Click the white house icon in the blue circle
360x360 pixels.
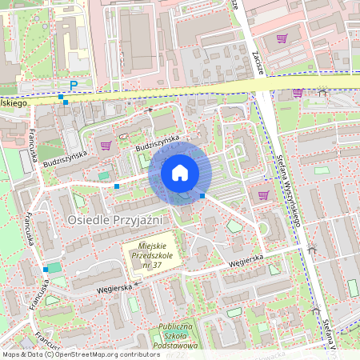pyautogui.click(x=179, y=172)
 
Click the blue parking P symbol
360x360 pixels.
pyautogui.click(x=74, y=85)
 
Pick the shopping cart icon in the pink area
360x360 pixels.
pyautogui.click(x=282, y=38)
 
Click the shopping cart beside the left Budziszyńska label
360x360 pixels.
pyautogui.click(x=106, y=146)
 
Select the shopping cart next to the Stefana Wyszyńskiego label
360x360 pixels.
pyautogui.click(x=263, y=194)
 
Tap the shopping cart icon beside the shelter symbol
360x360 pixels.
pyautogui.click(x=297, y=93)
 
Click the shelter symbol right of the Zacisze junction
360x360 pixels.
pyautogui.click(x=322, y=92)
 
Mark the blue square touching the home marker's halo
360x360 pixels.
pyautogui.click(x=202, y=195)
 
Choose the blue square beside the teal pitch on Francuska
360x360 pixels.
pyautogui.click(x=45, y=269)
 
